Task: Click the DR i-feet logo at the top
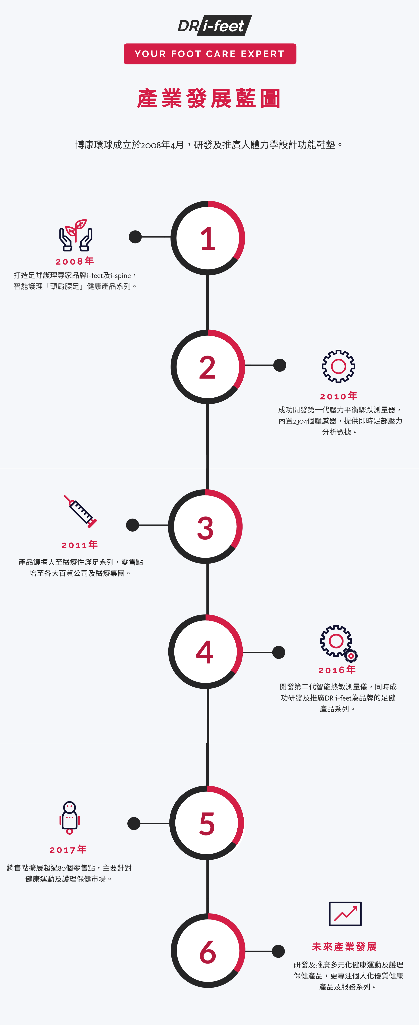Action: [214, 26]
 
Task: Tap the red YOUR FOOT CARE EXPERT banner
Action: [210, 54]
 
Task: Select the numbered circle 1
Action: [208, 238]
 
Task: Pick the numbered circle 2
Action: [208, 367]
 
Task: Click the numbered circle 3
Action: [205, 526]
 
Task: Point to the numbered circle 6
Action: [208, 951]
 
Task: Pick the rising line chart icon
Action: [345, 914]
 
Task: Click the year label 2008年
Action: [75, 261]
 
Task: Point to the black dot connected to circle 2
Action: [280, 365]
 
